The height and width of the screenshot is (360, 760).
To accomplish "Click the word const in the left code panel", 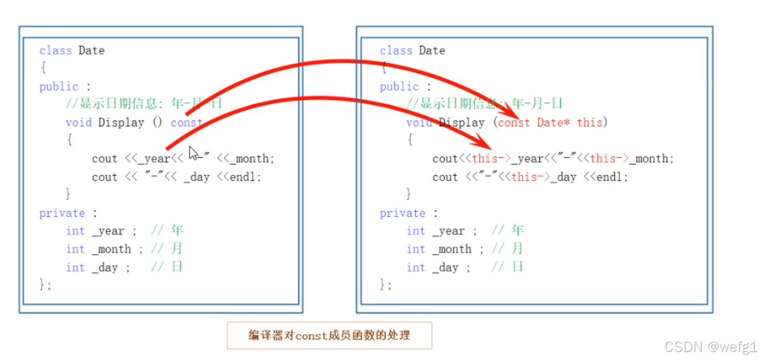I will (186, 123).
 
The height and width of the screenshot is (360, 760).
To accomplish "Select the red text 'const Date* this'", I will (551, 123).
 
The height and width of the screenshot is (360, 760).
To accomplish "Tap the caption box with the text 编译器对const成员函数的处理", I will (330, 335).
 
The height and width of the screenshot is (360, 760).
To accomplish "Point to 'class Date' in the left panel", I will (72, 50).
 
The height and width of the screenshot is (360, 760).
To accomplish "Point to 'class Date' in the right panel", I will (412, 50).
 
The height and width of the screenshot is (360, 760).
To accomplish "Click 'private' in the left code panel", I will (62, 213).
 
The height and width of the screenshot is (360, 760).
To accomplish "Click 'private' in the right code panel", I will (403, 213).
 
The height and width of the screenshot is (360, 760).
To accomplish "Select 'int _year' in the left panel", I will (95, 231).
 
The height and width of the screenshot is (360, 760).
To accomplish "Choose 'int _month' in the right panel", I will (438, 249).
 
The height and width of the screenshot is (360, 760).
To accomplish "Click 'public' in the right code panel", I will (399, 87).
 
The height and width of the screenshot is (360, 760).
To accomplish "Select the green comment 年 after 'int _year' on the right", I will (517, 231).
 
